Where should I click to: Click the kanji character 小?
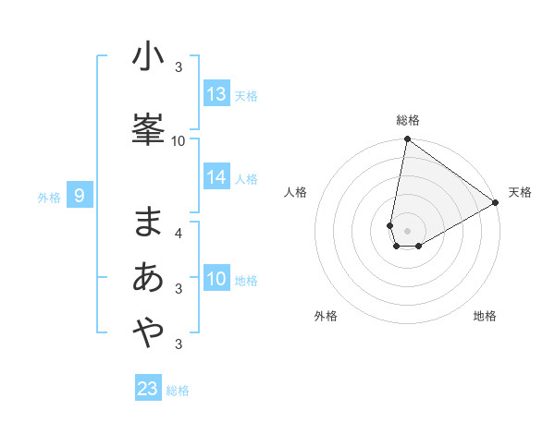coord(148,56)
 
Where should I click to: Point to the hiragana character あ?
coord(148,277)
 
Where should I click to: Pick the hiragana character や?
coord(148,333)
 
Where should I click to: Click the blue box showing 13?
coord(216,94)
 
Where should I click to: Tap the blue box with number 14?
coord(216,177)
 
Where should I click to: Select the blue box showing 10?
coord(216,279)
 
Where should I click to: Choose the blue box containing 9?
coord(80,195)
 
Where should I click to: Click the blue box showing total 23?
coord(148,389)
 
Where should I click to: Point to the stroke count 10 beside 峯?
coord(179,140)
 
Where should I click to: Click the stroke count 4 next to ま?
coord(179,233)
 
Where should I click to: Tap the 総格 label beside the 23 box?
coord(179,391)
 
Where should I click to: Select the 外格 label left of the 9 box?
coord(49,197)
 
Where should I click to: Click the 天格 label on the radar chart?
coord(520,192)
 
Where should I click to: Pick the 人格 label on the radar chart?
coord(295,192)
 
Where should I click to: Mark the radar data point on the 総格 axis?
coord(407,139)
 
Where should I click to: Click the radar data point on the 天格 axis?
coord(496,203)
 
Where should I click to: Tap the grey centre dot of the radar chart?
coord(407,231)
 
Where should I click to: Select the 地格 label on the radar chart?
coord(485,316)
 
